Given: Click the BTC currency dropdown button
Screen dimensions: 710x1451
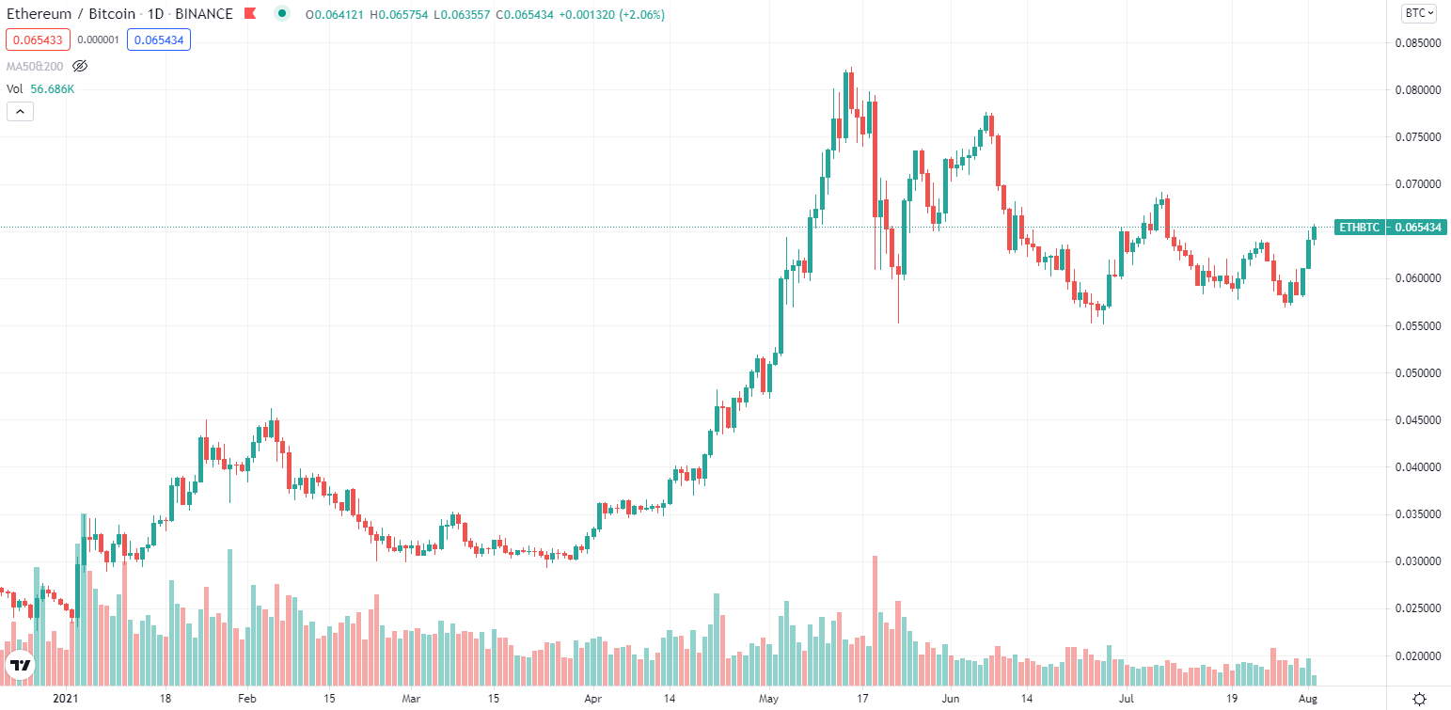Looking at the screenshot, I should click(x=1418, y=13).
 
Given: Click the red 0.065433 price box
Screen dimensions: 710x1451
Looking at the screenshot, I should click(x=39, y=40).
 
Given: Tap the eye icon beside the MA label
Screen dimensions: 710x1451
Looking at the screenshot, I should click(x=80, y=66).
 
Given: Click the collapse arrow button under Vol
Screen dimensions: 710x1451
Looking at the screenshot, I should click(x=20, y=112).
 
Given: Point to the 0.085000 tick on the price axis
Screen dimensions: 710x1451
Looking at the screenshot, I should click(x=1417, y=43).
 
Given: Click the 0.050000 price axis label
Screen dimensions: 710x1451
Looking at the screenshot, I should click(x=1417, y=373).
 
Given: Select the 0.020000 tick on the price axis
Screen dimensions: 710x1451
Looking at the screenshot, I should click(x=1417, y=655).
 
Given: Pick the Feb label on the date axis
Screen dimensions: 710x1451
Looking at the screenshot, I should click(x=246, y=699).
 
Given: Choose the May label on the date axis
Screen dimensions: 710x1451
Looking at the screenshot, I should click(x=769, y=699).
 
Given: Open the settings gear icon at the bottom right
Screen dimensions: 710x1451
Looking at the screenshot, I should click(x=1419, y=698).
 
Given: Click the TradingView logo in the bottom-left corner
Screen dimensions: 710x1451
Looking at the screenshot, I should click(x=21, y=665).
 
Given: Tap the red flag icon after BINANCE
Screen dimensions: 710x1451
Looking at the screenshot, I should click(x=249, y=14).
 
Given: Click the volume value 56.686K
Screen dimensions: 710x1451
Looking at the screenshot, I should click(x=53, y=88).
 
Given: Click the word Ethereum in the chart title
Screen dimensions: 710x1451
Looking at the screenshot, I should click(x=39, y=14).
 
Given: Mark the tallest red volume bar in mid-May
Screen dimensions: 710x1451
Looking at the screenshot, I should click(x=875, y=621).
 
